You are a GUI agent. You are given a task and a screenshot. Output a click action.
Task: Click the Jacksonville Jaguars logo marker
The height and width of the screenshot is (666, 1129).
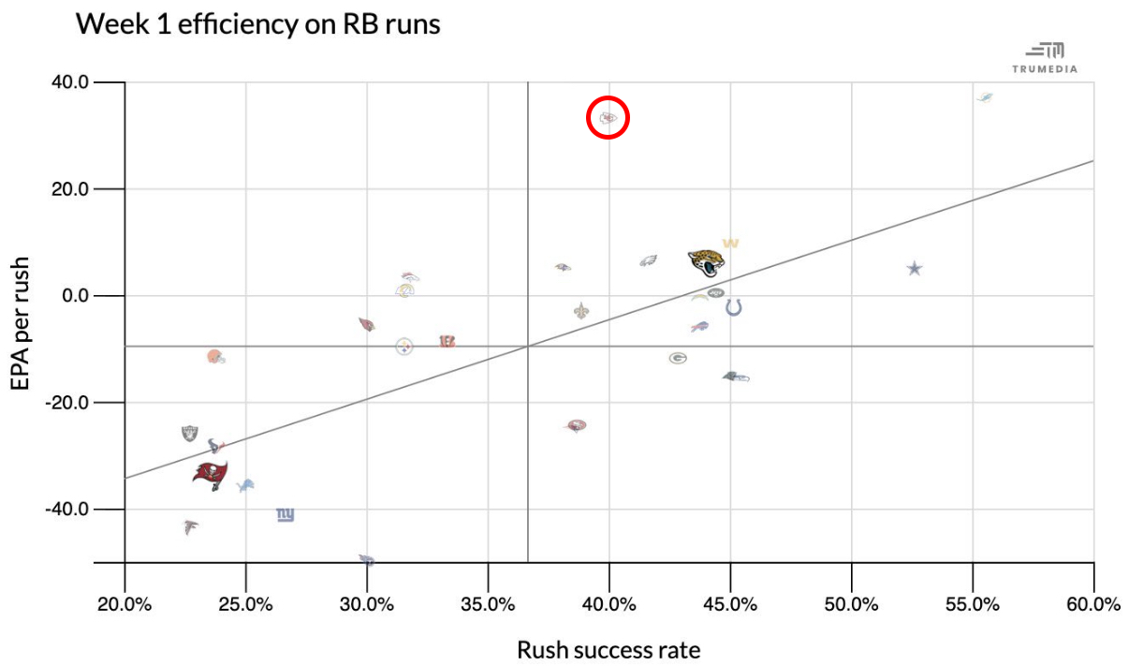pos(707,262)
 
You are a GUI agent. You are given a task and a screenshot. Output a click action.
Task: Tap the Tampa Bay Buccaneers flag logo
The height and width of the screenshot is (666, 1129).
pos(210,475)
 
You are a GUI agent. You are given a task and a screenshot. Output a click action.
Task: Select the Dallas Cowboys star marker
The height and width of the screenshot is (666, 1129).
pos(915,269)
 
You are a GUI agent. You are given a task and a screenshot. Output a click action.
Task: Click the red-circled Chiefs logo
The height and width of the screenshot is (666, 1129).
pos(608,118)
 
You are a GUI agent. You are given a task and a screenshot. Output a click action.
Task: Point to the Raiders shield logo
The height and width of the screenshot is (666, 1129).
pos(190,434)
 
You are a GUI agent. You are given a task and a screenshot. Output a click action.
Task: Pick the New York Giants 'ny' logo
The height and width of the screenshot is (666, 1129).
pos(286,514)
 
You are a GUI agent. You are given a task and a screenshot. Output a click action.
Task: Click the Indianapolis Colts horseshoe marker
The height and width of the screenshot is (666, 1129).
pos(734,306)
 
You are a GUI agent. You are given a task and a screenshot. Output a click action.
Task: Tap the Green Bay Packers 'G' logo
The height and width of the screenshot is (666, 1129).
pos(679,358)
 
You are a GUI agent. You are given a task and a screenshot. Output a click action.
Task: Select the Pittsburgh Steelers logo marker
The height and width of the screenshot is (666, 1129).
pos(404,347)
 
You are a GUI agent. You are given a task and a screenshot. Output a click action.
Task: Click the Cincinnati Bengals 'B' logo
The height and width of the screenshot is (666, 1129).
pos(447,342)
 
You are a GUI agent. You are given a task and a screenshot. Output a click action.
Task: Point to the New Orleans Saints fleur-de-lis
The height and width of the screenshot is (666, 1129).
pos(581,311)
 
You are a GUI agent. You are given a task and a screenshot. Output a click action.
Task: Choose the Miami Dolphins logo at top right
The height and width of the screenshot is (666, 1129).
pos(985,97)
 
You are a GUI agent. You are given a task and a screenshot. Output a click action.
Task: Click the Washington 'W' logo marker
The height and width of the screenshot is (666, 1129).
pos(730,244)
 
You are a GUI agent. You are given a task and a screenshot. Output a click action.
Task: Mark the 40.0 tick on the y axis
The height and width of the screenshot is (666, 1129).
pos(69,82)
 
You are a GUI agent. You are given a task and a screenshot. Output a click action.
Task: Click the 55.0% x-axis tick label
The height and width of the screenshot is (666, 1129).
pos(973,604)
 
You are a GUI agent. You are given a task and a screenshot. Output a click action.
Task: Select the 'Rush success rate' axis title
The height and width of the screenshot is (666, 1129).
pos(608,649)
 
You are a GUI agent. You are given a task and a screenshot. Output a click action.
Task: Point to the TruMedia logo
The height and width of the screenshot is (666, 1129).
pos(1045,56)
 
